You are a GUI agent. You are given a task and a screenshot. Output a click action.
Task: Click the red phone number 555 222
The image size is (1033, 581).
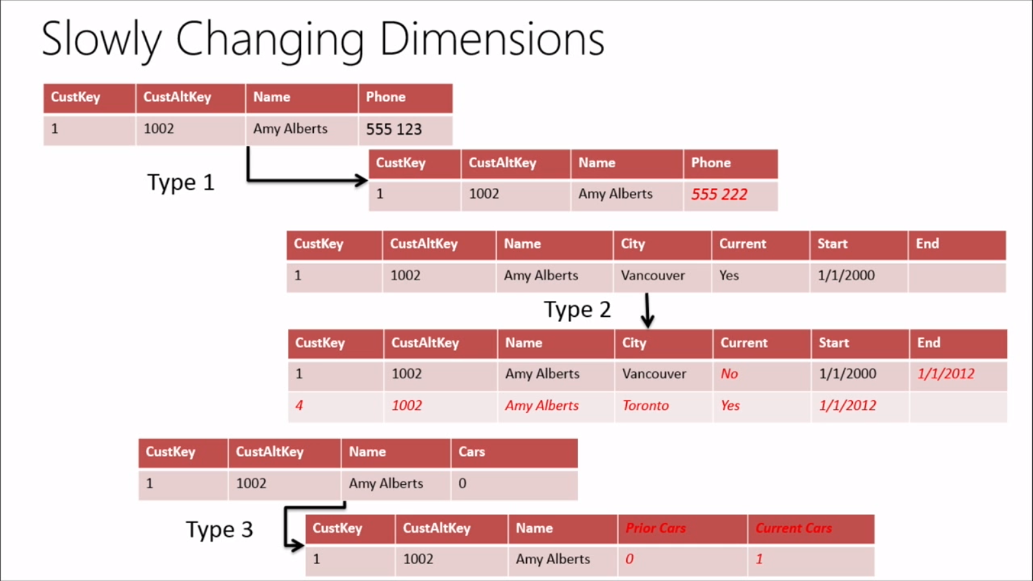(x=719, y=194)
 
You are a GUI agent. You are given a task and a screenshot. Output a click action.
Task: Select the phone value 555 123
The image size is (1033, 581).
(x=393, y=129)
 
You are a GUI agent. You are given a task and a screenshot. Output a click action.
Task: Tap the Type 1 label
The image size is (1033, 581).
(x=180, y=183)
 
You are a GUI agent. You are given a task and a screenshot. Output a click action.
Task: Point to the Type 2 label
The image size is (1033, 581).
(x=577, y=310)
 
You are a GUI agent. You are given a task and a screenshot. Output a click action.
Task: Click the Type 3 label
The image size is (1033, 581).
(x=219, y=530)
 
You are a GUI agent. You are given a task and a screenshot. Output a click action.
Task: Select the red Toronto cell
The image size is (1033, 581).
(x=645, y=405)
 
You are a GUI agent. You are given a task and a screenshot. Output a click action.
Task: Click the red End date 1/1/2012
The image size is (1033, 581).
(x=945, y=374)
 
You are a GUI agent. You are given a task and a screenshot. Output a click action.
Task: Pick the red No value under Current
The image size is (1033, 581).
(x=729, y=374)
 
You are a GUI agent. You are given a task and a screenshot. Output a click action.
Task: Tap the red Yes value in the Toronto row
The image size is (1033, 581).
(x=730, y=405)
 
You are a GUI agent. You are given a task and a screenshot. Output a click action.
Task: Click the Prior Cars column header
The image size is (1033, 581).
(x=655, y=528)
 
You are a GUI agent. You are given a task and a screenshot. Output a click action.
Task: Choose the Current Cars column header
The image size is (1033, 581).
(x=793, y=528)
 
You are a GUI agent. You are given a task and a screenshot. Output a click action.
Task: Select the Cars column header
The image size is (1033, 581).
(x=471, y=452)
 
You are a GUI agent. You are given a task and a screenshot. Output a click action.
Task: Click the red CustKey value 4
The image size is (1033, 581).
(x=299, y=405)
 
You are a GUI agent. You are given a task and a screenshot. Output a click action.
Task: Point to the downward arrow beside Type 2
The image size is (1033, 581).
(x=647, y=311)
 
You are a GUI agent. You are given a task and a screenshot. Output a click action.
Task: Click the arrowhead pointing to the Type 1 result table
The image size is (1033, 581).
(x=362, y=180)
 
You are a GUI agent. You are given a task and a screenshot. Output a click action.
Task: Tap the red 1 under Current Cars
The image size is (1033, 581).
(x=759, y=559)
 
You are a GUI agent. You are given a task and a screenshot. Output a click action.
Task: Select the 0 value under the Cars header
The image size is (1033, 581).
(x=462, y=484)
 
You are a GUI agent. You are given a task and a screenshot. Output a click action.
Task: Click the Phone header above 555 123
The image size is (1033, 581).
(x=385, y=97)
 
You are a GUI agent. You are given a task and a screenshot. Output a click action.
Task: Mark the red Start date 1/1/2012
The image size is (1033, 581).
(x=847, y=405)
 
